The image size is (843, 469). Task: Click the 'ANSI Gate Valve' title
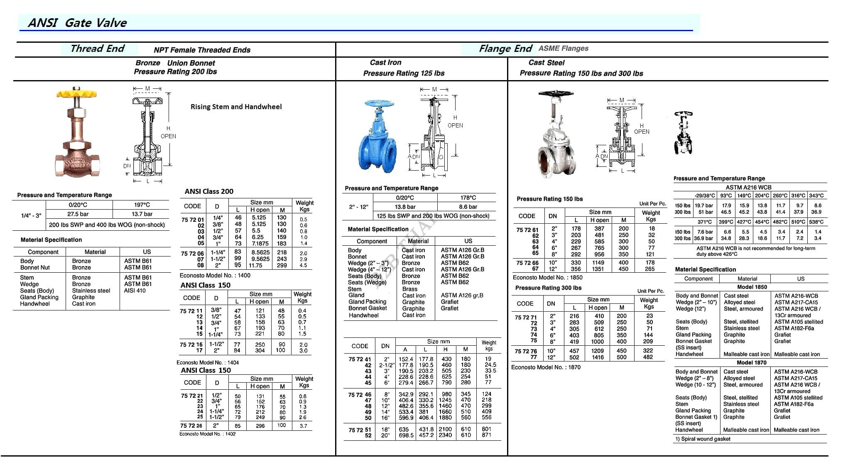(77, 23)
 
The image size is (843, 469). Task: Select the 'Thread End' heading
(97, 49)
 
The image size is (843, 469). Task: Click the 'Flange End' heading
(505, 49)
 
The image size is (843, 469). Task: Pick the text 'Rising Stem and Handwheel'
(236, 107)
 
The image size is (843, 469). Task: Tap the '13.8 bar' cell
(405, 207)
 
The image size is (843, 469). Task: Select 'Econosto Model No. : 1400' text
(215, 275)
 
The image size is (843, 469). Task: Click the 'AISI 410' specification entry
(135, 291)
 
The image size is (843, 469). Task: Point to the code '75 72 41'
(360, 359)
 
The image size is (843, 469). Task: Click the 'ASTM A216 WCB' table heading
(748, 187)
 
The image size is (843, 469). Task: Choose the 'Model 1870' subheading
(752, 362)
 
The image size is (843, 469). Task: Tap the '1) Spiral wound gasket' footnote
(703, 439)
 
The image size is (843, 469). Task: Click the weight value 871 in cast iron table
(486, 435)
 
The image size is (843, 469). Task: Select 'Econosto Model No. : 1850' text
(547, 277)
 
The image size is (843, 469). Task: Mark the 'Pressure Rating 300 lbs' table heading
(548, 288)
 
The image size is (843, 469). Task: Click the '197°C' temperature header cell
(142, 205)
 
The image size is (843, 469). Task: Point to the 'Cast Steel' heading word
(546, 63)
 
